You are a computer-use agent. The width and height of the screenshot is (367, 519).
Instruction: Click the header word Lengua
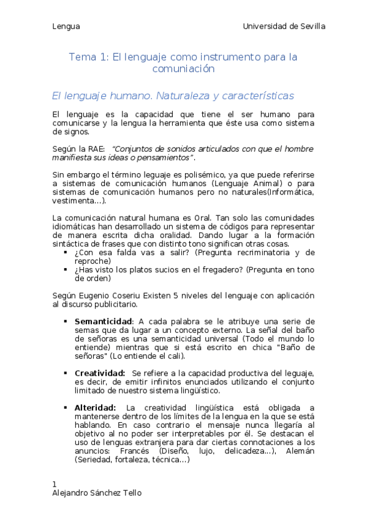(66, 26)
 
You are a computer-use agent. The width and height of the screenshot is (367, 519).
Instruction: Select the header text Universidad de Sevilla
(284, 26)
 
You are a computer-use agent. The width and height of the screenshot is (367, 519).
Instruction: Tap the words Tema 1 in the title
(88, 57)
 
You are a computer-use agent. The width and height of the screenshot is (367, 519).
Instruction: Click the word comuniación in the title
(183, 69)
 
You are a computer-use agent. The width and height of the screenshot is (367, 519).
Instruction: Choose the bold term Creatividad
(100, 373)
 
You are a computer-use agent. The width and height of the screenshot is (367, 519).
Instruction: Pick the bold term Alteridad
(95, 408)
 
